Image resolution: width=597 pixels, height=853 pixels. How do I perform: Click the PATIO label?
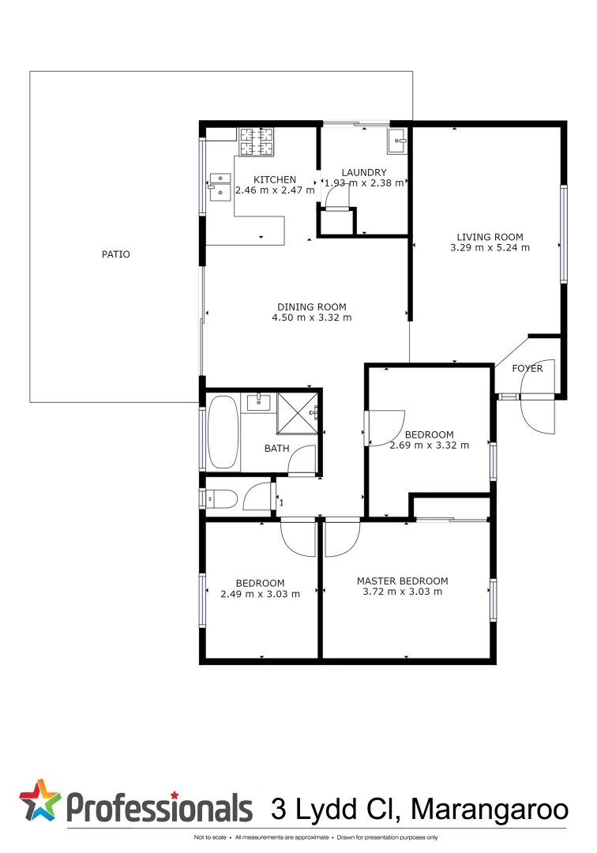pos(115,254)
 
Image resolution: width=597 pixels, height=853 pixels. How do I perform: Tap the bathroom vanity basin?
pos(258,403)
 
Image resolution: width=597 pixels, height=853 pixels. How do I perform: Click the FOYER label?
pos(527,368)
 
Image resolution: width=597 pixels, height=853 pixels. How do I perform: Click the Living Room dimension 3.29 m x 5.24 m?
pos(490,247)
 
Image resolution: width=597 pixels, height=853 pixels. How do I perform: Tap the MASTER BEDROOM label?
pos(402,581)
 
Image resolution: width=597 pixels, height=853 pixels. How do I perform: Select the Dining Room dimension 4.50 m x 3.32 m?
pos(311,318)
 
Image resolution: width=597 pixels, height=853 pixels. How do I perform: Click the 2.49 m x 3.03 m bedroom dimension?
pos(260,594)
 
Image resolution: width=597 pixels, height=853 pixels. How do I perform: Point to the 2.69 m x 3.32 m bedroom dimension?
pos(429,445)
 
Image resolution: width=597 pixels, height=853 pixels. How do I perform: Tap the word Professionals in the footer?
pos(159,807)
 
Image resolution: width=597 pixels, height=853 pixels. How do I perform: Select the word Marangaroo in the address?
pos(490,809)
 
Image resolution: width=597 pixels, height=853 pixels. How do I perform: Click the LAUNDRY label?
pos(364,172)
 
